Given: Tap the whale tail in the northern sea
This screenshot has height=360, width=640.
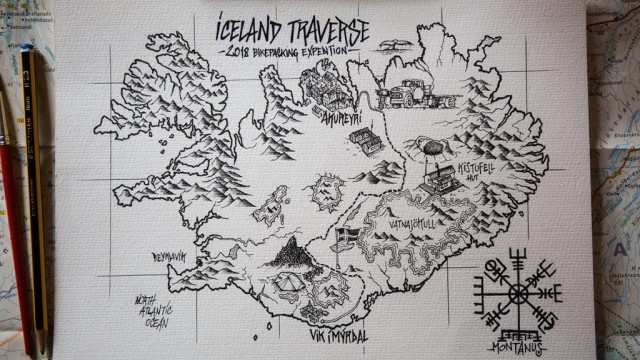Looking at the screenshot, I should tap(394, 45).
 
